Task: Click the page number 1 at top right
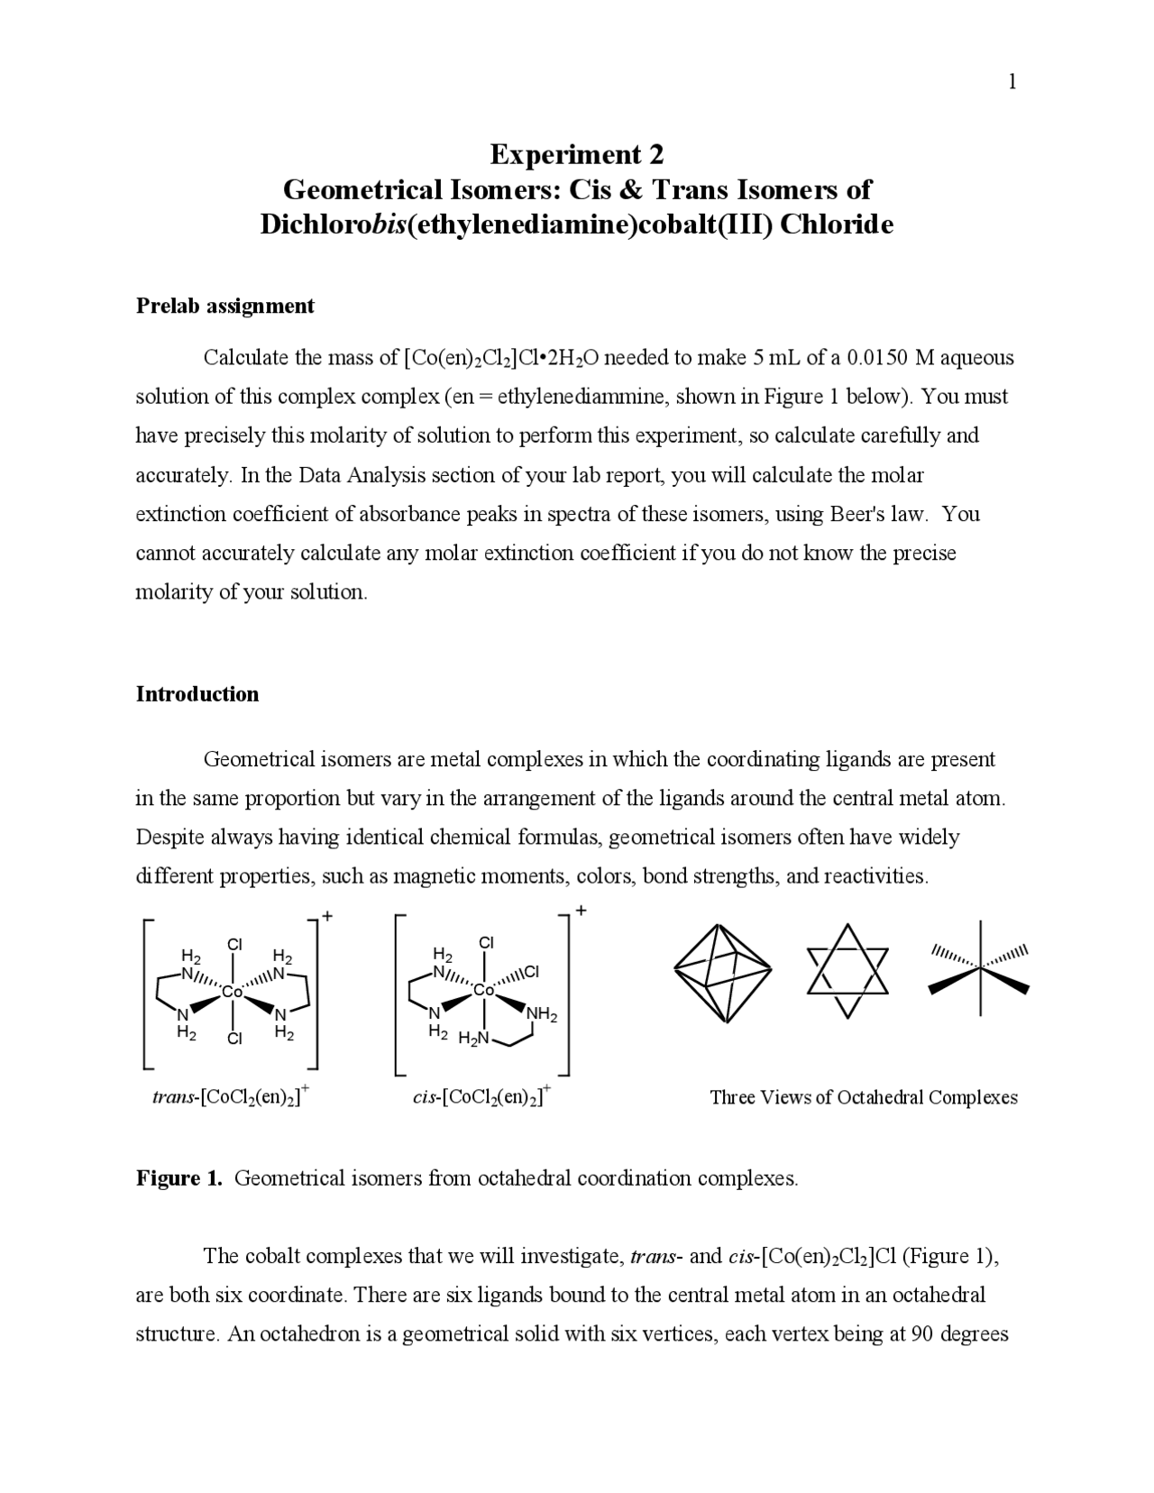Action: (1012, 83)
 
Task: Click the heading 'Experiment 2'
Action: (577, 155)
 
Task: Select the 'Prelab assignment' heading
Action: (224, 306)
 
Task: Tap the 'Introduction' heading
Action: (197, 693)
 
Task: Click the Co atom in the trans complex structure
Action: (233, 992)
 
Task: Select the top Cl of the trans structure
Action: (234, 944)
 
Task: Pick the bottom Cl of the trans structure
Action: (234, 1039)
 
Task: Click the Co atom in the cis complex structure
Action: (484, 990)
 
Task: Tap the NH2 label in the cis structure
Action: (542, 1015)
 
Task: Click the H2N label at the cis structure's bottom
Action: (473, 1039)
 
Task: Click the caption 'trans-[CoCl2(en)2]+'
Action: (232, 1096)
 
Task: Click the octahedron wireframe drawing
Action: (722, 973)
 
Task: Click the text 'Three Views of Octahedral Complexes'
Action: (863, 1097)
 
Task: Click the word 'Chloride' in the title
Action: (836, 224)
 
